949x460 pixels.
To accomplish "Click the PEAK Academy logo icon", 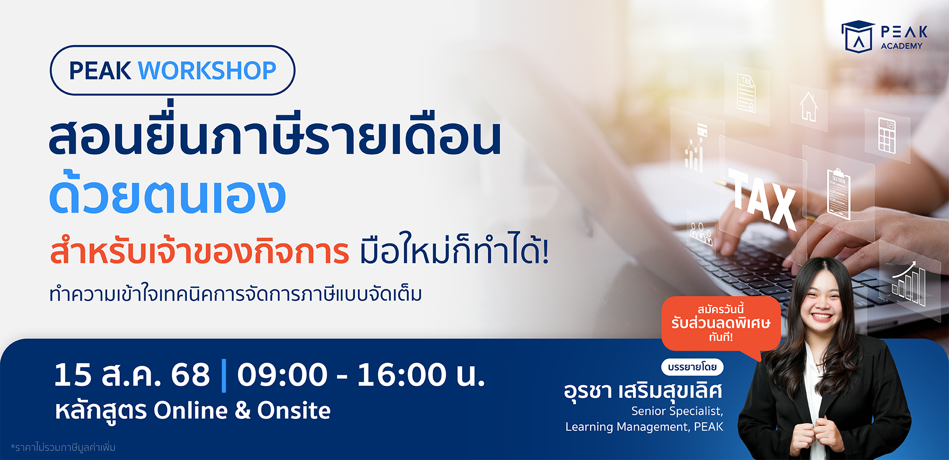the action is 858,36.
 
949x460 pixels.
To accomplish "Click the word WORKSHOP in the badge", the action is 207,71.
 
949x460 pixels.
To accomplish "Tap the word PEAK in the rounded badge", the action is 100,71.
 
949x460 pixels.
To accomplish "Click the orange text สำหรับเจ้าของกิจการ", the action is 200,249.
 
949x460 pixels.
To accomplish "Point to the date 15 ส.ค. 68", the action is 132,374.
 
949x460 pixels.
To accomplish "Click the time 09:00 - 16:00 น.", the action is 361,374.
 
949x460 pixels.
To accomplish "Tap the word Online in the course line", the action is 191,411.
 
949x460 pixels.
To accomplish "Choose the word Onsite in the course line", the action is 294,411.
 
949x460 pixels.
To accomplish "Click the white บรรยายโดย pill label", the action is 692,367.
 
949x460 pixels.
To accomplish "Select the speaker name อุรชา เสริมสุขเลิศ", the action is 643,391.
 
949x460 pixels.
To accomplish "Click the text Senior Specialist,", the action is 677,411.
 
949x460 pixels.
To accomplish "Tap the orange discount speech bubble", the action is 721,324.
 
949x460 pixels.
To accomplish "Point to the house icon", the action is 809,106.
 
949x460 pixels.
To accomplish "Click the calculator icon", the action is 887,135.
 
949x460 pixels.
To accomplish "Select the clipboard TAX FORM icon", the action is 839,194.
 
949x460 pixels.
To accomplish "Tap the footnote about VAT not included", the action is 63,448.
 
